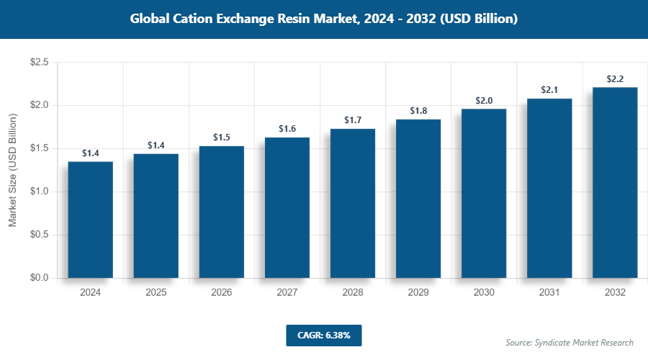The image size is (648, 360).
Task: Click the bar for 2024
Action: click(90, 220)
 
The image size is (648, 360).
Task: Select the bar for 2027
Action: click(287, 207)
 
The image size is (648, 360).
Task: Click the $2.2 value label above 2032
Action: click(615, 78)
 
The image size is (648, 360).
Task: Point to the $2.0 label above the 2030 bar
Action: click(484, 100)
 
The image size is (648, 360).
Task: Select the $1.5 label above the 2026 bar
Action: click(222, 137)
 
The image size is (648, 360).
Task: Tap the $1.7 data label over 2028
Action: click(353, 120)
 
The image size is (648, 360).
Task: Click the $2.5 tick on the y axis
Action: click(39, 63)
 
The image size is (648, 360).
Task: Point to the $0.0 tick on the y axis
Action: click(39, 278)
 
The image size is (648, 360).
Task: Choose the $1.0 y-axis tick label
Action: click(39, 192)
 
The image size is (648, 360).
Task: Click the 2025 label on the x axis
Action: click(156, 293)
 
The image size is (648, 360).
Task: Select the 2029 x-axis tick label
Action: click(418, 293)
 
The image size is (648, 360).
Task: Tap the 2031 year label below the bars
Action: click(549, 293)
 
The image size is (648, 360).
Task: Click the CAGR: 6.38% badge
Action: click(323, 335)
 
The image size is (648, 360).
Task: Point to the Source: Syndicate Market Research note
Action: click(570, 342)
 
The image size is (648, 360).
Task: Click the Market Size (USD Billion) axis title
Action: click(12, 170)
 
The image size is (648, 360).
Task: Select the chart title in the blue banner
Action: click(324, 19)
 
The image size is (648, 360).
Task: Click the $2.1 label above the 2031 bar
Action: click(549, 90)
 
